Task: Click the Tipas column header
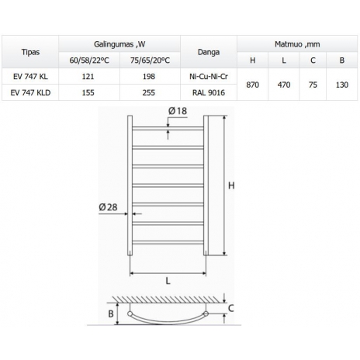30,52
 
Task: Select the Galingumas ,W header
119,44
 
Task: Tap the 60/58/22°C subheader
89,61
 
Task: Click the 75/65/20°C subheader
150,61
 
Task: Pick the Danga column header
209,52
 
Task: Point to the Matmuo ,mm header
297,44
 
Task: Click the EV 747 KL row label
30,77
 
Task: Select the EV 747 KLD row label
30,92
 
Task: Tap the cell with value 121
88,77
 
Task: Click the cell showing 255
149,92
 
